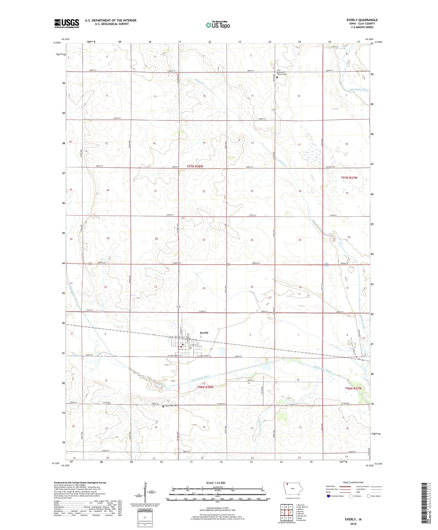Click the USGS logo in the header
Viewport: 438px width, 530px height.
(67, 23)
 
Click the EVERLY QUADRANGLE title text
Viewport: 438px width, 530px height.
(362, 20)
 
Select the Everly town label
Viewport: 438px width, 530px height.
(204, 333)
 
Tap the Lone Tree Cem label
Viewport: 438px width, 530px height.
(171, 406)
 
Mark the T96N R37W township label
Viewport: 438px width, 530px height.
(353, 388)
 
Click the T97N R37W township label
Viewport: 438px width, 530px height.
(349, 178)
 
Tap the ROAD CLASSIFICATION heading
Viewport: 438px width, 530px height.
(353, 482)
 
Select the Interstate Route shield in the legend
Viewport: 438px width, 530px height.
(328, 496)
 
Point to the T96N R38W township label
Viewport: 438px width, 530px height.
(205, 387)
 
